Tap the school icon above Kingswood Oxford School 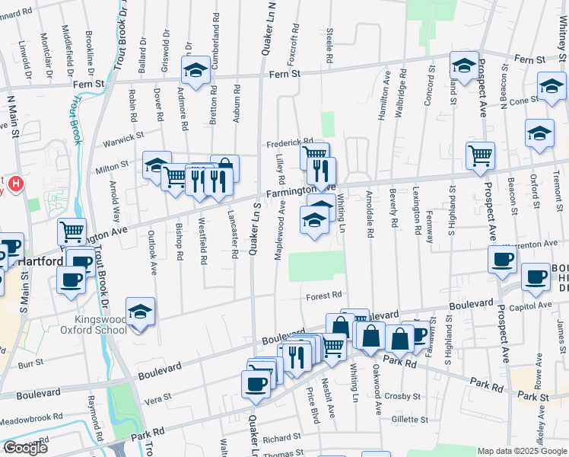tap(140, 313)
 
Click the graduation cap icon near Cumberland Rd tap(195, 71)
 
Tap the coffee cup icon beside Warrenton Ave tap(502, 259)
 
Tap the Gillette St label tap(409, 420)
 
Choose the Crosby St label tap(402, 397)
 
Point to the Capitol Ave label tap(536, 306)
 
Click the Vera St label tap(158, 399)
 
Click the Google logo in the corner tap(25, 448)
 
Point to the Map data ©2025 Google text tap(522, 451)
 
